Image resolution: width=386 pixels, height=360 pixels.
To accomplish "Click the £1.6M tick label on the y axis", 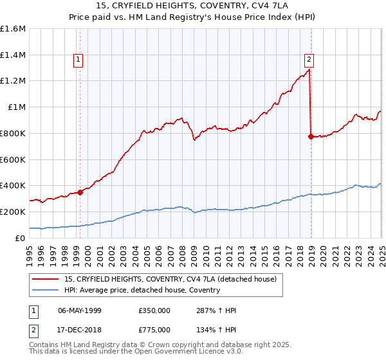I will (x=13, y=29).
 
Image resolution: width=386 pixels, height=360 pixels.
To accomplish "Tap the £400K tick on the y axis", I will (x=13, y=186).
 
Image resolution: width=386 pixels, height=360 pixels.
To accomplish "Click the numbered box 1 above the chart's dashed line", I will (x=78, y=60).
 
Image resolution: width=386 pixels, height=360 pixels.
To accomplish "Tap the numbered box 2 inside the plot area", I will (x=309, y=60).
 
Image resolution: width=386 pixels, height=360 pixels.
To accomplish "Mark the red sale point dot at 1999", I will (x=80, y=192).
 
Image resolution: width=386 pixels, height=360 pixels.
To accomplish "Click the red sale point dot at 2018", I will (x=311, y=136).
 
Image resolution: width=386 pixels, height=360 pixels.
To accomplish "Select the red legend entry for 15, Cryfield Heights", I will (x=170, y=279).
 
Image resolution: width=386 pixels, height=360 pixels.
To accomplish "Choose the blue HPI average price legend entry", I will (x=142, y=290).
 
